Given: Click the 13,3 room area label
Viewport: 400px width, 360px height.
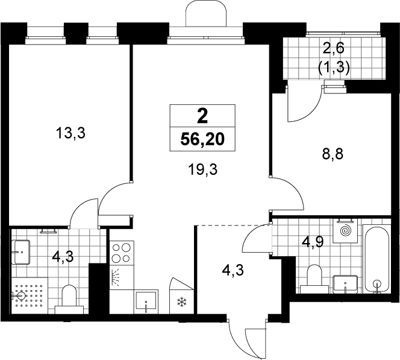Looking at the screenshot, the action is (x=70, y=133).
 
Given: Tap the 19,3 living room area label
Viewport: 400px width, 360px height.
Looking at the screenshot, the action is (x=203, y=169).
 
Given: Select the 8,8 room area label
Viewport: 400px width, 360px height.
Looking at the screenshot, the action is (x=333, y=154).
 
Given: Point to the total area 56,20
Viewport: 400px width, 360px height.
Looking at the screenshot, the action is (x=202, y=139).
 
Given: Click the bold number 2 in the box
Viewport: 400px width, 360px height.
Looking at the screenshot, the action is (x=202, y=117).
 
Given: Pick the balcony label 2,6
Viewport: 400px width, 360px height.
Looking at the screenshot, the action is (x=333, y=48).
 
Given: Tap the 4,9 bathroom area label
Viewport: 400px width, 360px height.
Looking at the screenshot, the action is (x=313, y=242).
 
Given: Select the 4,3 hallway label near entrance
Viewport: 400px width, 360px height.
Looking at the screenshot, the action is (x=233, y=270).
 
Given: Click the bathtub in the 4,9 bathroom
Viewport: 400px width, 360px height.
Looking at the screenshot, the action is (x=377, y=259).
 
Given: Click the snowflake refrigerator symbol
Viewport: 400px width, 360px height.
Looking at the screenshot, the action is (x=182, y=302).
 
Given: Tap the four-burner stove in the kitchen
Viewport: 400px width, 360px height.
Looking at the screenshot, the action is (x=122, y=253).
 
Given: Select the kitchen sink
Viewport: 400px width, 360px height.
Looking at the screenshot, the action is (x=146, y=302).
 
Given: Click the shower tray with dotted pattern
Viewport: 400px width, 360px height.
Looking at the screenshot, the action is (x=30, y=295).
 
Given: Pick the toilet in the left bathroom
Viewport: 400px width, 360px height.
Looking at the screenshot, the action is (x=69, y=299).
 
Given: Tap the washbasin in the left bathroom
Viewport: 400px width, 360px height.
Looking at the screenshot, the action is (x=21, y=252).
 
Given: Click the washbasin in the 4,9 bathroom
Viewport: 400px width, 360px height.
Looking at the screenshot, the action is (x=345, y=284).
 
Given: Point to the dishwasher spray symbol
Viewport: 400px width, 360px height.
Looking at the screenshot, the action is (x=116, y=277).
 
